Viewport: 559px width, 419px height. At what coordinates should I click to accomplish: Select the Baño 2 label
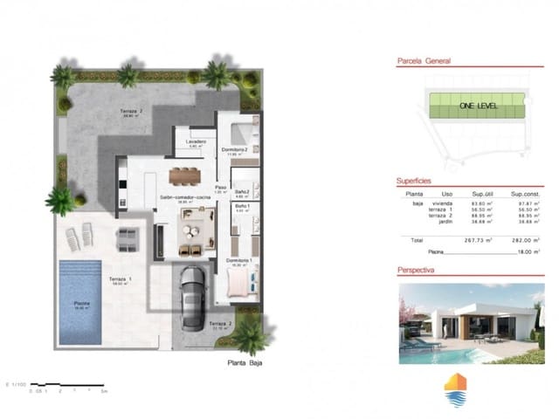point(241,192)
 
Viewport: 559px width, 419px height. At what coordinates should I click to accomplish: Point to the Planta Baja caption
point(245,361)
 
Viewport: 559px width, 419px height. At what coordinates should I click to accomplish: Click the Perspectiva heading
point(418,270)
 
